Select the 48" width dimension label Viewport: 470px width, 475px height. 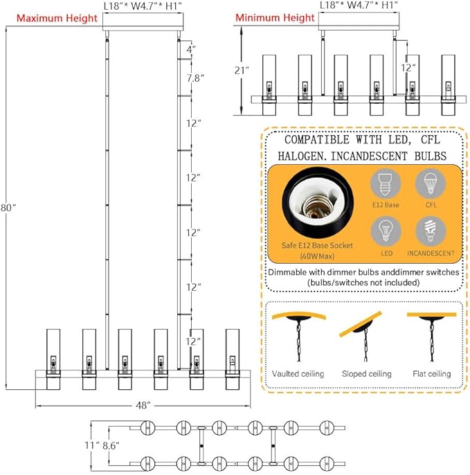point(144,406)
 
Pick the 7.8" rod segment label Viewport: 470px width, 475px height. point(195,78)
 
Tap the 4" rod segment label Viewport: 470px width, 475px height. point(191,50)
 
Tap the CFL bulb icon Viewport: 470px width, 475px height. point(429,185)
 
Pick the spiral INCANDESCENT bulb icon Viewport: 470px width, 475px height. point(429,232)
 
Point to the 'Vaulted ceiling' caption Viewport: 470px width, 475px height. point(298,374)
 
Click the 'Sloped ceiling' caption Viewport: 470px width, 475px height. point(366,374)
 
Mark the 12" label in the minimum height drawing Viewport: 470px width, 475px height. point(408,68)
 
